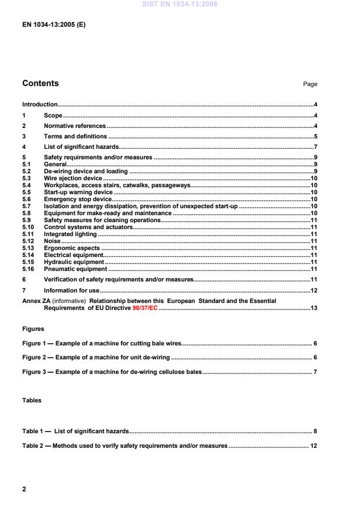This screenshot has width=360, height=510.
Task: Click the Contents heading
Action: pyautogui.click(x=40, y=83)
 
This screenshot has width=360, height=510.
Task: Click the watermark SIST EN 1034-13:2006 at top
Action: pyautogui.click(x=180, y=5)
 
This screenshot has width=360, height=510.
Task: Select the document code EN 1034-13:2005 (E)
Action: pyautogui.click(x=54, y=25)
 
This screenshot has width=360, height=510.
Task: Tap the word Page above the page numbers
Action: pyautogui.click(x=310, y=84)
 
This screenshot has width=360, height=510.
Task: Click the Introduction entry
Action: pyautogui.click(x=40, y=105)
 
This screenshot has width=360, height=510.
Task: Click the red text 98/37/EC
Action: pyautogui.click(x=145, y=308)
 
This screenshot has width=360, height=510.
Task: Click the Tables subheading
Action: pyautogui.click(x=32, y=400)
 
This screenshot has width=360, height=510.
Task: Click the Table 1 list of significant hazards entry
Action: pyautogui.click(x=75, y=431)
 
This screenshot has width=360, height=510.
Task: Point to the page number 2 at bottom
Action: pyautogui.click(x=24, y=489)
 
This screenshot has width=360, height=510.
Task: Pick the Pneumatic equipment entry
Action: pyautogui.click(x=75, y=269)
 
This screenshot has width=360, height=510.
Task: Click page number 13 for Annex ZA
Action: pyautogui.click(x=313, y=308)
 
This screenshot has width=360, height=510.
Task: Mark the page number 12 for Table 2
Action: pyautogui.click(x=313, y=446)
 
